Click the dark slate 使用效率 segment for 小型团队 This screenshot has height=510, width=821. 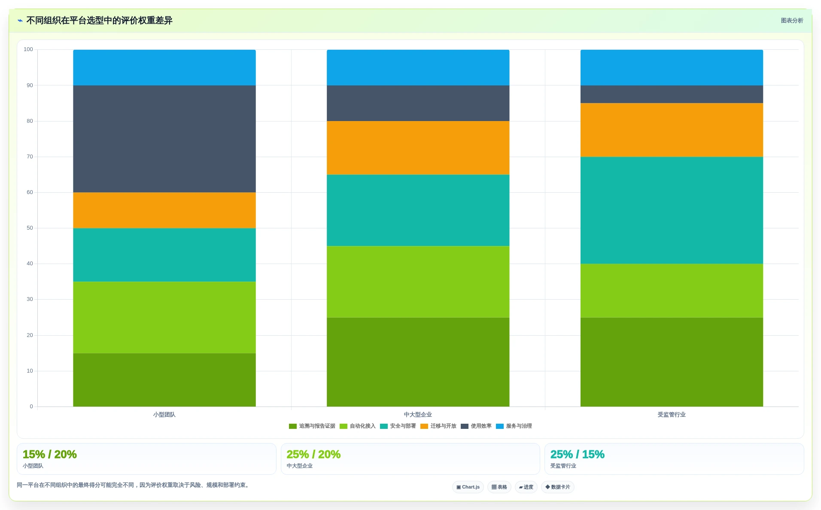(164, 139)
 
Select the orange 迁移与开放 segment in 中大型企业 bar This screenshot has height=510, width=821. (418, 148)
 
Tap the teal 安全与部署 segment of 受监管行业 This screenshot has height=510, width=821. (672, 210)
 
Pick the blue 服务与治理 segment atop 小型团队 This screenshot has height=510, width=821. (164, 67)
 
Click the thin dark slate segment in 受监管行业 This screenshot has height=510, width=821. (672, 94)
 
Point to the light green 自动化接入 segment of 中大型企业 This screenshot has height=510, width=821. (418, 282)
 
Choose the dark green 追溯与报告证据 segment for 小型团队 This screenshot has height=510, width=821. (164, 380)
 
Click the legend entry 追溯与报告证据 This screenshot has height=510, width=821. (312, 426)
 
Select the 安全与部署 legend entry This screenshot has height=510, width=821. (398, 426)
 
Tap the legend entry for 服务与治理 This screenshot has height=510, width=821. (514, 426)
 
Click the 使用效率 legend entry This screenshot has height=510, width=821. (476, 426)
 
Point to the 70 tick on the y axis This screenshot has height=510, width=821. (30, 157)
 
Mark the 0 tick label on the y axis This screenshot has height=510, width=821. (31, 407)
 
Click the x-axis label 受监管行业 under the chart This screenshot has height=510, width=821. (672, 415)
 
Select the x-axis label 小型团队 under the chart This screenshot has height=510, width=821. (164, 415)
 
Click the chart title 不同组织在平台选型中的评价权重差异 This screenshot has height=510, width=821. (99, 21)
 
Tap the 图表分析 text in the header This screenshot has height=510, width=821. (792, 21)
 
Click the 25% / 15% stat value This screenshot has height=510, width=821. (577, 454)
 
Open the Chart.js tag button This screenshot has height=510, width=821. (468, 487)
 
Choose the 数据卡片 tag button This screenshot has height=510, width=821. (558, 487)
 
